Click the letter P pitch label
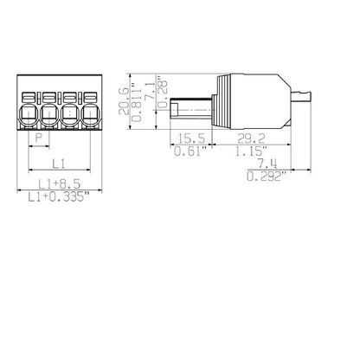tap(37, 138)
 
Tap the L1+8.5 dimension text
tap(60, 183)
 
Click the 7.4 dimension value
tap(268, 164)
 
